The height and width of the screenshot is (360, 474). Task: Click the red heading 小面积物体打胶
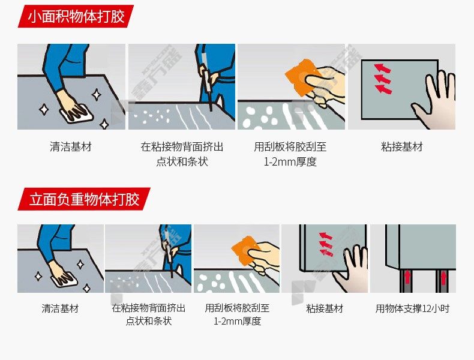76,16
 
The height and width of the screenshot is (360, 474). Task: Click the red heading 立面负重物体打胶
85,199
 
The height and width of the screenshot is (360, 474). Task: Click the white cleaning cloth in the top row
77,114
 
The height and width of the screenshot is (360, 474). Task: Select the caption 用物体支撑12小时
412,308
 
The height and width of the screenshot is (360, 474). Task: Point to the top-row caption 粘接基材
402,147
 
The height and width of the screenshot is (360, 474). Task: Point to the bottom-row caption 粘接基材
325,308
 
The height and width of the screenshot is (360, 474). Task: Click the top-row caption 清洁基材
70,147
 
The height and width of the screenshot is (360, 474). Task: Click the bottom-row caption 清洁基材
60,308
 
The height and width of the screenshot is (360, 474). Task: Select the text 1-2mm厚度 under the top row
290,162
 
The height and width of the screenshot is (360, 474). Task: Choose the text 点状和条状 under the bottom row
148,321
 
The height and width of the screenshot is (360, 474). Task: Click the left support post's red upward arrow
407,277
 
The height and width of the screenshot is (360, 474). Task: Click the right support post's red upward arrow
443,277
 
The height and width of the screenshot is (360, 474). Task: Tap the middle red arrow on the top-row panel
383,79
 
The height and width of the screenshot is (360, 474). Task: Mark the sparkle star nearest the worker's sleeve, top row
97,95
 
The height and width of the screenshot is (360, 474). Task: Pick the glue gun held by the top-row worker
206,79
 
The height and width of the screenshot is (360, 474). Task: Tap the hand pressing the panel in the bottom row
350,268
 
